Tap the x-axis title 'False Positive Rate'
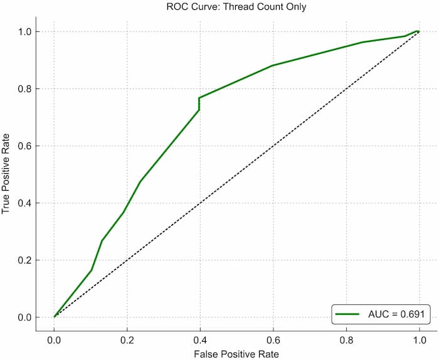point(236,354)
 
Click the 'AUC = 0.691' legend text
point(395,313)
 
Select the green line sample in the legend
point(347,313)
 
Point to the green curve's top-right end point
point(417,31)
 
